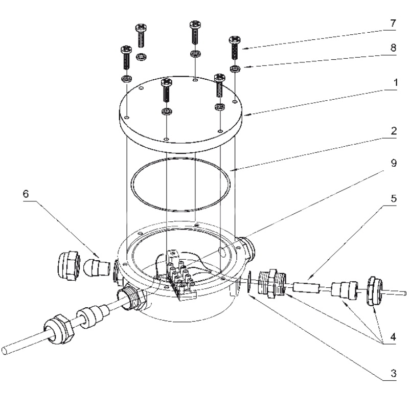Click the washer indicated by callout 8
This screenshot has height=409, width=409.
coord(235,69)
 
